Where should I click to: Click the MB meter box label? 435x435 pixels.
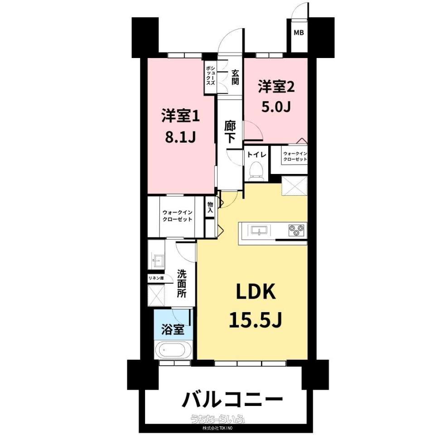(x=299, y=33)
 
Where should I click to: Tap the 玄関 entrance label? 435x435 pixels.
(x=235, y=77)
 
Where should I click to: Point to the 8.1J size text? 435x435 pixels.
(x=181, y=137)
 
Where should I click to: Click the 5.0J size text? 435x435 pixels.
(x=276, y=107)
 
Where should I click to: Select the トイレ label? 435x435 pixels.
(x=256, y=154)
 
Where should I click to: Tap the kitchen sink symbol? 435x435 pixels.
(x=259, y=230)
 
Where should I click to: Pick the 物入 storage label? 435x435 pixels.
(x=210, y=208)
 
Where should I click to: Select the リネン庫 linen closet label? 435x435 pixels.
(x=156, y=278)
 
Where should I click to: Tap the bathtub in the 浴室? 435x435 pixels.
(x=174, y=349)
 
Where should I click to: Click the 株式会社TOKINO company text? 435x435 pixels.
(x=217, y=428)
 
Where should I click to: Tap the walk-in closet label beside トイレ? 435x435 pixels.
(x=295, y=156)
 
